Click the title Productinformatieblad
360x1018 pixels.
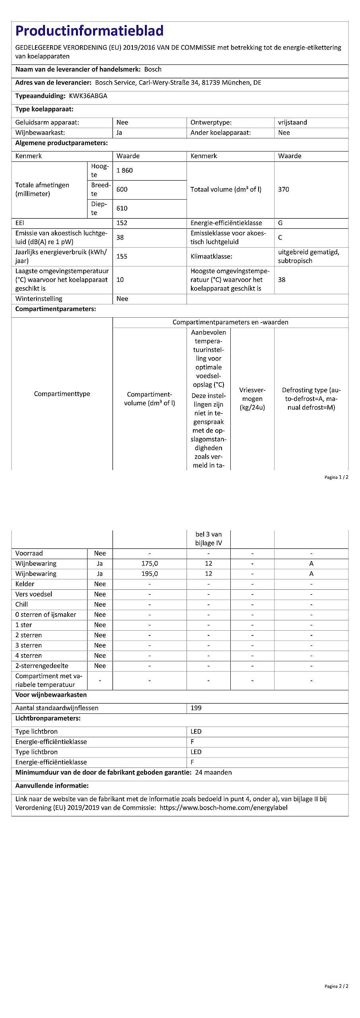90,31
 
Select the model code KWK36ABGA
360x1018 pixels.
88,96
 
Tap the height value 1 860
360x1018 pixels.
125,171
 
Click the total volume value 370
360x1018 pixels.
284,189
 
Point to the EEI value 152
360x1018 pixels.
122,223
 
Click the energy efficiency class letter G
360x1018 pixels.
280,223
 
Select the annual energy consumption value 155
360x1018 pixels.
122,256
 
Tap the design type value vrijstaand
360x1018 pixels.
292,122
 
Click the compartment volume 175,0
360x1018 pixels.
150,563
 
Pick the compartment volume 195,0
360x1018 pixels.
150,574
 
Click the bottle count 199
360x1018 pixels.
196,708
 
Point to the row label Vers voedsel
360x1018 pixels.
34,594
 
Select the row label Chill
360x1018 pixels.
21,604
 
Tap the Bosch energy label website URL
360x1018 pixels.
224,808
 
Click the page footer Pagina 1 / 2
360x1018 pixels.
336,477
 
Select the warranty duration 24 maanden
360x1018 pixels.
214,772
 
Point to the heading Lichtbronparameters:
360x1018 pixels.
48,718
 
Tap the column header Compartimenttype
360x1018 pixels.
62,394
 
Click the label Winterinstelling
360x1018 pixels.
39,299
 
